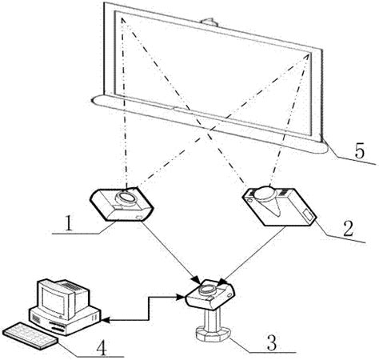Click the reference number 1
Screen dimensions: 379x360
pos(69,223)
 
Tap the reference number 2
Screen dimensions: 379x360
pos(348,229)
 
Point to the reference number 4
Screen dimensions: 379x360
pos(102,347)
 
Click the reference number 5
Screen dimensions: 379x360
pos(359,151)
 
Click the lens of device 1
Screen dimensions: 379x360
pos(126,197)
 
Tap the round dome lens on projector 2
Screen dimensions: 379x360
pos(265,193)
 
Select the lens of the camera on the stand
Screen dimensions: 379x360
pos(206,288)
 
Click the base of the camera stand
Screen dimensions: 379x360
pos(213,334)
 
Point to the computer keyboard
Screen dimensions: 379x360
pos(30,335)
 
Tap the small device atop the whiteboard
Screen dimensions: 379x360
pos(209,22)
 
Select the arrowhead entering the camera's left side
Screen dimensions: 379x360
pos(182,297)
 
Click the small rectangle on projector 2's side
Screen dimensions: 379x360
pos(309,215)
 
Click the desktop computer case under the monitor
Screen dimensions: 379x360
pos(65,320)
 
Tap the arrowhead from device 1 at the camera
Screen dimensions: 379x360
pos(197,279)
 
